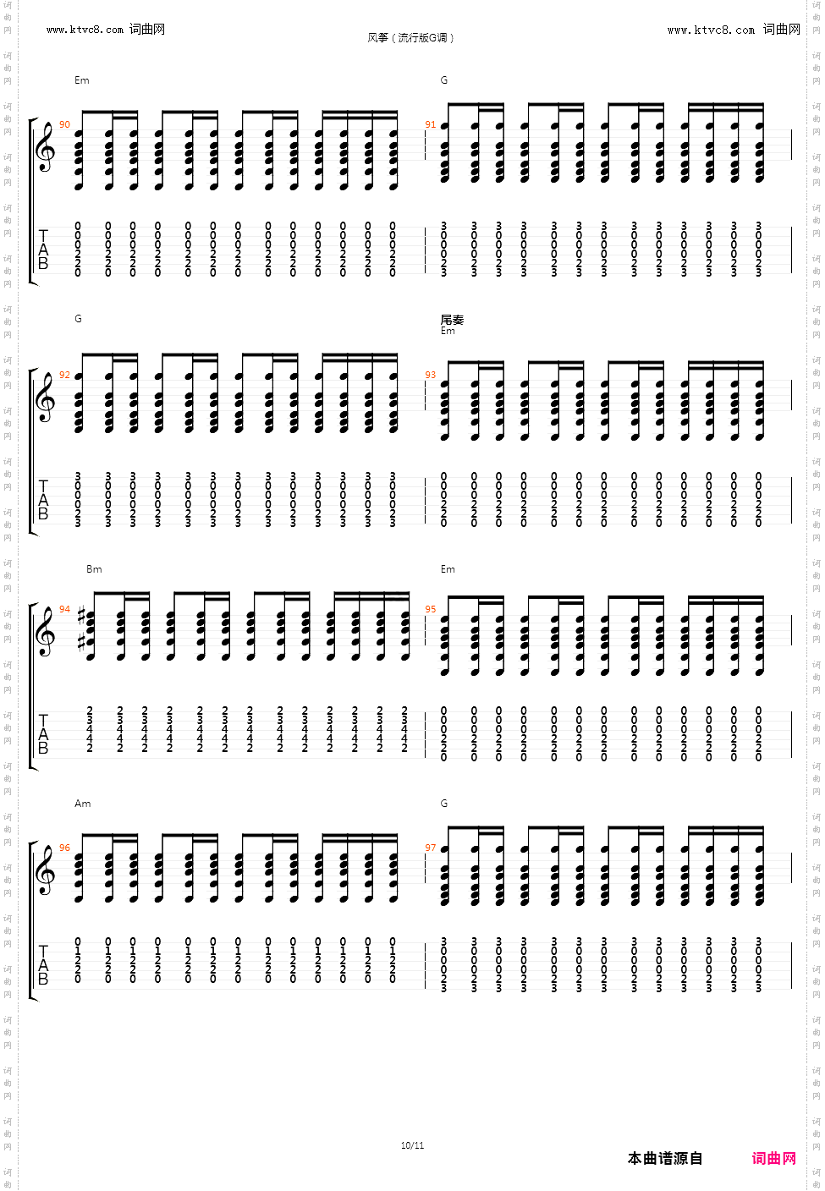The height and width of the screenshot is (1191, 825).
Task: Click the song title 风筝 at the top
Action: tap(378, 38)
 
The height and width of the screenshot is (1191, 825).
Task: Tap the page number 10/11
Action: tap(412, 1145)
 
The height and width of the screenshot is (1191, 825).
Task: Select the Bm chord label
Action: tap(94, 569)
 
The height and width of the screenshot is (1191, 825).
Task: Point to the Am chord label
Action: tap(82, 804)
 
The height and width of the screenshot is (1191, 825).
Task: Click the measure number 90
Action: tap(65, 125)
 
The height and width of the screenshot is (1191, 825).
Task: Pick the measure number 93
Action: tap(431, 375)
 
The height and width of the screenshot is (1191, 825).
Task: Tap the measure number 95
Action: tap(431, 609)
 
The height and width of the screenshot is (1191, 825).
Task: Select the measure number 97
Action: tap(431, 848)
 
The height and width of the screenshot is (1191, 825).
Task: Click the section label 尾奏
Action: tap(452, 320)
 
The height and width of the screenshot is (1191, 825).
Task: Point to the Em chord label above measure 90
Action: tap(81, 80)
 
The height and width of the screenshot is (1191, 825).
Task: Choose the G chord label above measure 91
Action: tap(444, 80)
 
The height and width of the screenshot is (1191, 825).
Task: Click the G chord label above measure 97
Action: tap(444, 804)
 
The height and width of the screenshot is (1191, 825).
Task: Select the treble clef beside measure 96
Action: tap(45, 871)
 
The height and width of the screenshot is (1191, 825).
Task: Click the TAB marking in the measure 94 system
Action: tap(43, 734)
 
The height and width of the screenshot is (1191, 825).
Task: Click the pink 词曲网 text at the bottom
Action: tap(773, 1159)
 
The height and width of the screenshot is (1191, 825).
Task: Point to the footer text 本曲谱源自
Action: tap(665, 1159)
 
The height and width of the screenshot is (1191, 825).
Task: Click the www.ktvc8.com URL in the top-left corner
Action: tap(85, 30)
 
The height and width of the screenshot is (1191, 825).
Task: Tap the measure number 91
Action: tap(431, 125)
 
